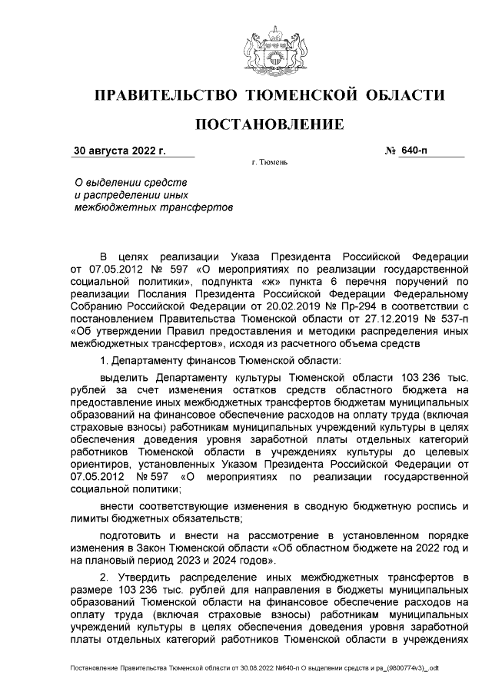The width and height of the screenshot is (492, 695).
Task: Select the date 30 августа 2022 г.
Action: coord(119,151)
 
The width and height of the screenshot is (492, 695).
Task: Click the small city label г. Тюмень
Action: coord(269,164)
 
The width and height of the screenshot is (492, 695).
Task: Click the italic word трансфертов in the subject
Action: coord(200,207)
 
